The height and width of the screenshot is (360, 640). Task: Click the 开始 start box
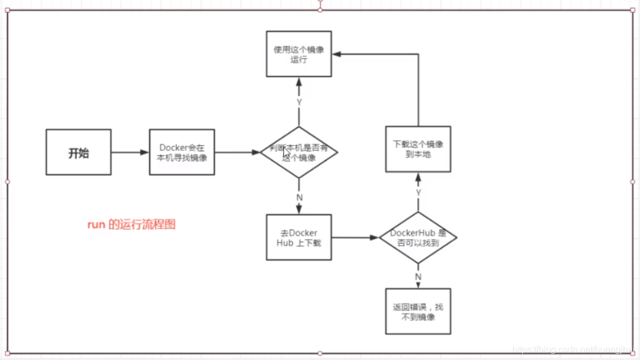click(x=79, y=152)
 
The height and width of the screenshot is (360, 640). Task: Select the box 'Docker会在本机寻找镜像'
click(x=182, y=152)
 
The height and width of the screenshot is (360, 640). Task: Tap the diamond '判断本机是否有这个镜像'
click(x=299, y=152)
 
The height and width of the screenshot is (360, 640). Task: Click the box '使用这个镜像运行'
click(x=299, y=54)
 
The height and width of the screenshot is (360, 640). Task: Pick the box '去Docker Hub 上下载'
click(x=299, y=237)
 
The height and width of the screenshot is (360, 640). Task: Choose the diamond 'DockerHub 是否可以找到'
click(x=418, y=238)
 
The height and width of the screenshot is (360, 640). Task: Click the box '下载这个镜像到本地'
click(x=418, y=149)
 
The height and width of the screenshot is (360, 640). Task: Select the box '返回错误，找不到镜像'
click(x=418, y=311)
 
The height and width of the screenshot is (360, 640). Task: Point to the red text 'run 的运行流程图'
click(x=131, y=224)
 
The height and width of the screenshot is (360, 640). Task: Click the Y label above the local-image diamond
click(x=299, y=102)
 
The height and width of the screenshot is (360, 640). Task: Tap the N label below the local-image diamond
click(x=299, y=197)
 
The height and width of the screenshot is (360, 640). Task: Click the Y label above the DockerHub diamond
click(x=418, y=193)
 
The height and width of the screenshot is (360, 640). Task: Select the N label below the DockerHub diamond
click(x=418, y=277)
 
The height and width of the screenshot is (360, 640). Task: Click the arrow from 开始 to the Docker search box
click(x=130, y=152)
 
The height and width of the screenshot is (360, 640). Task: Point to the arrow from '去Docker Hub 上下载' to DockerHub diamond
click(x=355, y=237)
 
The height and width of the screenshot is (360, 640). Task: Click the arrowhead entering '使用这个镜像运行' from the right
click(x=336, y=54)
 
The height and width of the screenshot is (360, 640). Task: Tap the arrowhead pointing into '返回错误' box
click(x=418, y=285)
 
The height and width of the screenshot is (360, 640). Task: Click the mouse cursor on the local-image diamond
click(x=286, y=153)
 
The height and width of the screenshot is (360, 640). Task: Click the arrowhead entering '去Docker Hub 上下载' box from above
click(x=299, y=210)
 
